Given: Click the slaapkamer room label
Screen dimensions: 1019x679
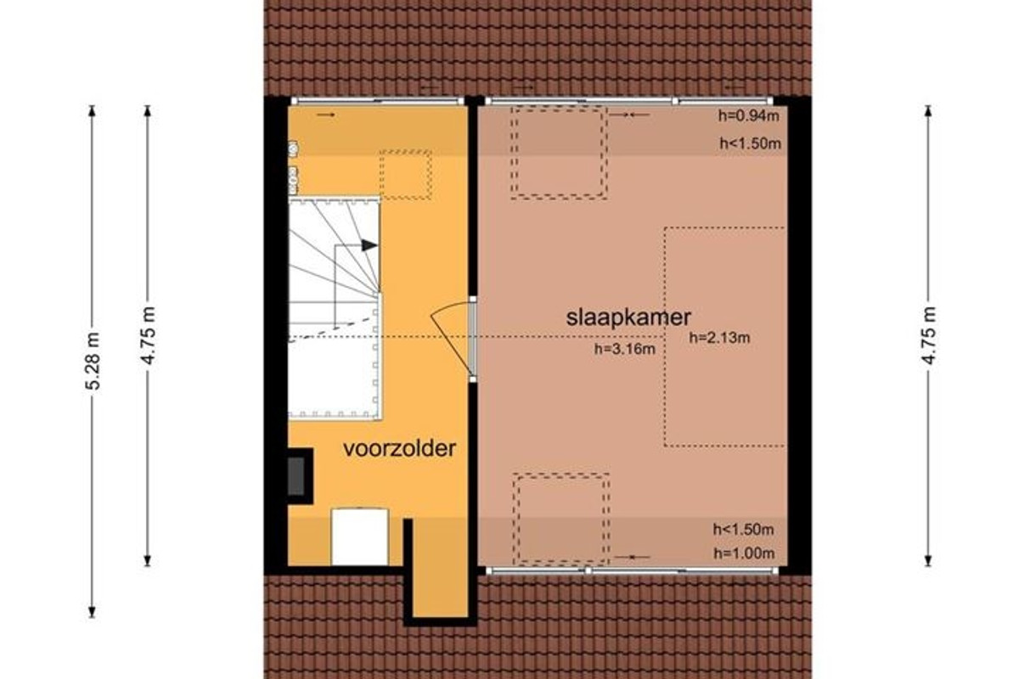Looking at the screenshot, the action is (628, 317).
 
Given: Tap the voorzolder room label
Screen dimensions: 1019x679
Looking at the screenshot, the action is (399, 448).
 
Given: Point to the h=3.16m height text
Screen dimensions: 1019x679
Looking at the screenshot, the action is (625, 350).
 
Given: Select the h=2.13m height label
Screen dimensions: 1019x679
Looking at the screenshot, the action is (720, 338).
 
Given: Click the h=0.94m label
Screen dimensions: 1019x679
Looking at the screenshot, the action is (749, 116).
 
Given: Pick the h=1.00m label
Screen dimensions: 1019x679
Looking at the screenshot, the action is (744, 553).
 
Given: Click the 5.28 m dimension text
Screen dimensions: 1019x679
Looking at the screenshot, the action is (93, 361).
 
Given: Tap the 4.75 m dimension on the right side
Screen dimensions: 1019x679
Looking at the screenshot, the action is (928, 335).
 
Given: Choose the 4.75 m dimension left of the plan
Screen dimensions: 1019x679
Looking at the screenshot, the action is (148, 335).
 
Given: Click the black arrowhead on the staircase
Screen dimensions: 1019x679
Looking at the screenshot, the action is (369, 245).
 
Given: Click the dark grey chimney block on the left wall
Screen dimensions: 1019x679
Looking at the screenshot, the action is (296, 476).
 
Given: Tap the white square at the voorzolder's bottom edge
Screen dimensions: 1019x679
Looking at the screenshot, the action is (360, 537).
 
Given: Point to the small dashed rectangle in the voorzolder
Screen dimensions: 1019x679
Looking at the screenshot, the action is (406, 175).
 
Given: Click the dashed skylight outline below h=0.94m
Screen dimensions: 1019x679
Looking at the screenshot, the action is (559, 153).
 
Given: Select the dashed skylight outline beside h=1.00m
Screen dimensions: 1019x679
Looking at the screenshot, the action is (561, 519).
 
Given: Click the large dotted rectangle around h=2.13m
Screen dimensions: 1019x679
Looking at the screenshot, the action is (724, 337).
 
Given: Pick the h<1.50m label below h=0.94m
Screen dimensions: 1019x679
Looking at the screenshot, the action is (751, 143).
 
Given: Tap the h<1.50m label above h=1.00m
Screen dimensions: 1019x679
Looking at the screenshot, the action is (744, 530).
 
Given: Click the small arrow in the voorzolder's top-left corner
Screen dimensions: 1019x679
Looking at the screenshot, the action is (326, 115).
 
